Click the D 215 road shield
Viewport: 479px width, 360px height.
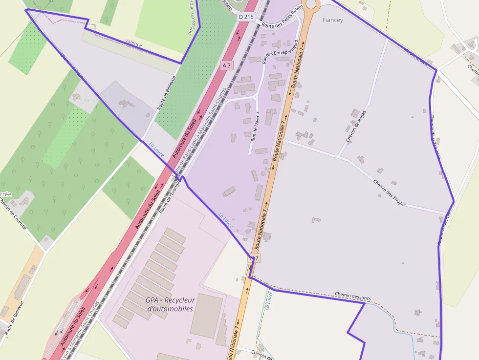click(x=247, y=17)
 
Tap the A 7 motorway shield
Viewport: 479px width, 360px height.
click(x=226, y=65)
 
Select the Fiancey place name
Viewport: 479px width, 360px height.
click(x=333, y=20)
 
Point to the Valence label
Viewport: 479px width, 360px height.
click(x=133, y=44)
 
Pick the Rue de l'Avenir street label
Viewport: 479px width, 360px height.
click(x=254, y=126)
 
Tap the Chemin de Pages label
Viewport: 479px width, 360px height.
click(x=356, y=126)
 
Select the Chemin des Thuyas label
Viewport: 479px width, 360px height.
click(x=389, y=193)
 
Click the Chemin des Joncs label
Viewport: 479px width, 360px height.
click(x=354, y=296)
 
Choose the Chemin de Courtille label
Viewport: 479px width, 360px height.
click(x=13, y=214)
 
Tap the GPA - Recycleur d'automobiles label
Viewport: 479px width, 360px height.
click(x=170, y=304)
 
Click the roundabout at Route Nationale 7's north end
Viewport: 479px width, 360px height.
click(x=311, y=5)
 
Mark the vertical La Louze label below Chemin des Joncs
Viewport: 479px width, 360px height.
click(x=268, y=301)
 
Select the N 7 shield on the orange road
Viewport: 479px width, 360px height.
click(x=256, y=257)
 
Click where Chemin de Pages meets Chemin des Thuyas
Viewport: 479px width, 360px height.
click(x=340, y=156)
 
